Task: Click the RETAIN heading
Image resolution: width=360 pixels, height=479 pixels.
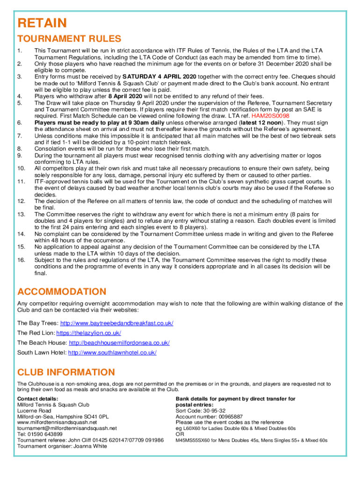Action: coord(42,23)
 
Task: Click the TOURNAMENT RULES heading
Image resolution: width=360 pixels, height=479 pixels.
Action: coord(69,39)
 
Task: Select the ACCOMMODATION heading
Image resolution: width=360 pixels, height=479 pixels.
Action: coord(62,292)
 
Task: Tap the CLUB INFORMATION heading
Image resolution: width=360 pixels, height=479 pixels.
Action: coord(66,372)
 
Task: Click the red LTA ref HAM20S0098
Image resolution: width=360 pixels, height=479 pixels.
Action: coord(270,116)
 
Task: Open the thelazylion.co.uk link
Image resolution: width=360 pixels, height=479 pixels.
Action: coord(89,333)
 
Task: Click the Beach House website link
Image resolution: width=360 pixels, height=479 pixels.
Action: coord(119,343)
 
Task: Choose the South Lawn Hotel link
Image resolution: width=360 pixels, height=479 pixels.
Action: coord(112,353)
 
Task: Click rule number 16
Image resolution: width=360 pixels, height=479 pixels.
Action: coord(21,260)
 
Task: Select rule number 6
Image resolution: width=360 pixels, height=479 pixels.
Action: coord(20,123)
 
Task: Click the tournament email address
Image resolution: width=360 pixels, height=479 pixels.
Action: coord(67,428)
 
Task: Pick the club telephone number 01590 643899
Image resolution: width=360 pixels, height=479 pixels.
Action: coord(46,434)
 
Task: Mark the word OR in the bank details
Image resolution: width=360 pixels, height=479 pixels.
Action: coord(180,434)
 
